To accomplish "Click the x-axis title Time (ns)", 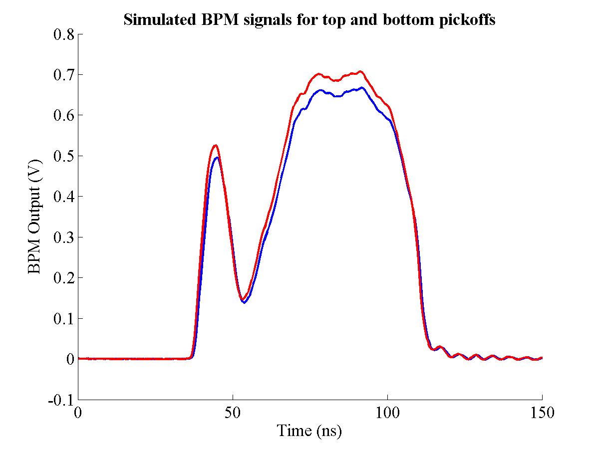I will [309, 430].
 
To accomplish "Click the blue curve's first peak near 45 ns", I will [217, 158].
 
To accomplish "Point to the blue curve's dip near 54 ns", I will [245, 303].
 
